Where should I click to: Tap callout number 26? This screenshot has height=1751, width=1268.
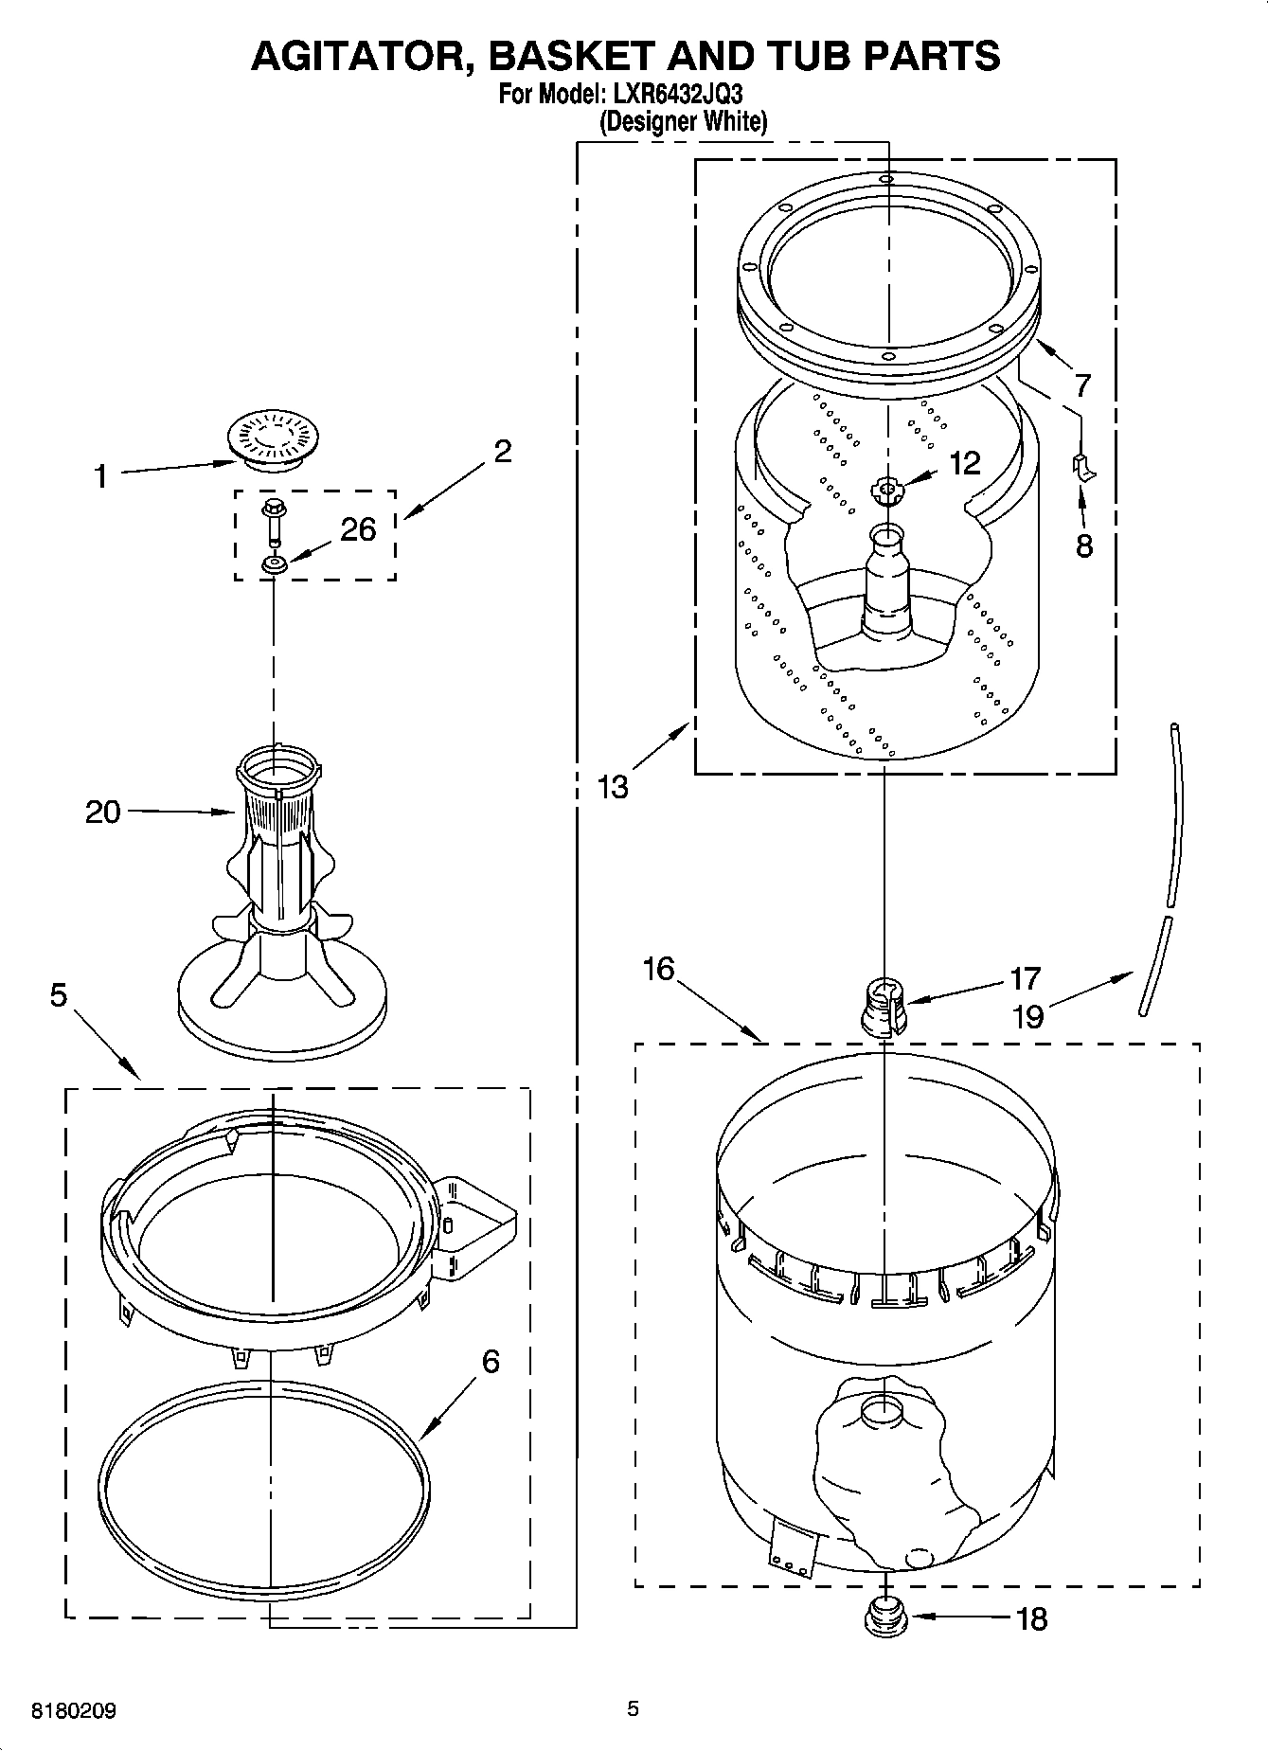(358, 529)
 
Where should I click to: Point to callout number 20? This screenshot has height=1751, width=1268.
(103, 812)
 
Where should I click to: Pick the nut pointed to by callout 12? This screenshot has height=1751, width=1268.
(887, 490)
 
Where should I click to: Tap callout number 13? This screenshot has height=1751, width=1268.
(614, 786)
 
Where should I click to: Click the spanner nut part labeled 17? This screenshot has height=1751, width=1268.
(882, 1006)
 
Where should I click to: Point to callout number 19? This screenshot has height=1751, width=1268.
(1027, 1017)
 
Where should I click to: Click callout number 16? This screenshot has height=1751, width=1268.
(658, 969)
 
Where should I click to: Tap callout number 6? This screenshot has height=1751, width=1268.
(490, 1361)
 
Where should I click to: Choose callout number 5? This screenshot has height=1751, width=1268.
(59, 995)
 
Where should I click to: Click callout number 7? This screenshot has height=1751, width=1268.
(1081, 385)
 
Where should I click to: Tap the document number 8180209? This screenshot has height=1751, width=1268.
(74, 1710)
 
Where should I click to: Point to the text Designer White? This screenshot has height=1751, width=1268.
(683, 121)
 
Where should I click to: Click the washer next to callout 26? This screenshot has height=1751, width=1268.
(275, 565)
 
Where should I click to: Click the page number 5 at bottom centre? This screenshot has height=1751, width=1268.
(633, 1708)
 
